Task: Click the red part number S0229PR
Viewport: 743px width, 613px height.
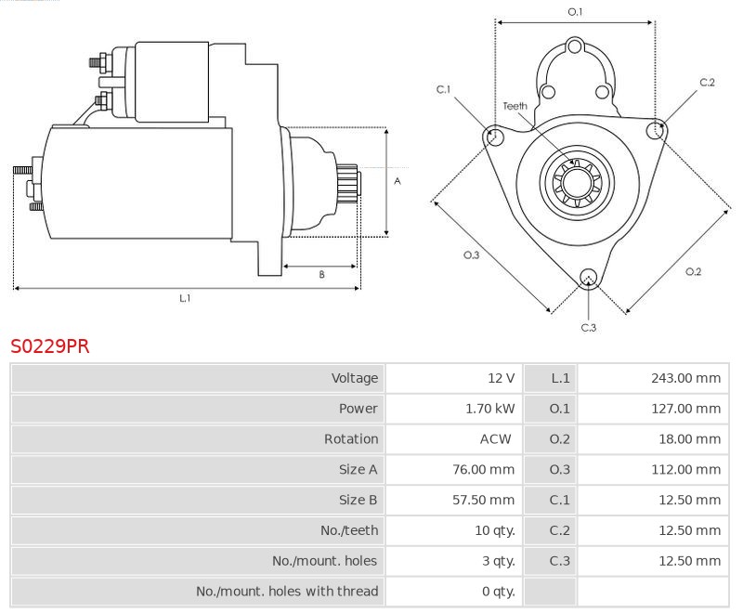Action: click(50, 346)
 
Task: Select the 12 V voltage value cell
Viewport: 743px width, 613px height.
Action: click(501, 378)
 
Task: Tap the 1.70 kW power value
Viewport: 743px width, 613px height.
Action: click(489, 409)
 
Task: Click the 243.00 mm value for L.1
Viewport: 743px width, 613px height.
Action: click(687, 378)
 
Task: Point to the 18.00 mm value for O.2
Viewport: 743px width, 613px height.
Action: click(690, 439)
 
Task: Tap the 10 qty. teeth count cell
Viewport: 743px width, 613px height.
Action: click(494, 530)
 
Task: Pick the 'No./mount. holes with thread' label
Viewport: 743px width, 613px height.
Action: click(287, 591)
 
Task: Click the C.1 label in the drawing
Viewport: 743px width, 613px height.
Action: click(443, 89)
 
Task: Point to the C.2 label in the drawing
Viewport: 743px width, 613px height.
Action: click(707, 83)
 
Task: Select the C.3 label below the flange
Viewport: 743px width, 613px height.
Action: click(588, 327)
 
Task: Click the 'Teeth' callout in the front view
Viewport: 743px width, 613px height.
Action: click(515, 106)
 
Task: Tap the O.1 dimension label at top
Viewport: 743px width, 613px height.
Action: click(575, 12)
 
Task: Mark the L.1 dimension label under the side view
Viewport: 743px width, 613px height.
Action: click(185, 298)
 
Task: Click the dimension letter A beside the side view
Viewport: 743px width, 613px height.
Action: click(397, 181)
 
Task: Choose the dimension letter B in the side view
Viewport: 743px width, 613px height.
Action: click(321, 274)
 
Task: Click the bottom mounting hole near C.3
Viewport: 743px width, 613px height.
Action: click(587, 277)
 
